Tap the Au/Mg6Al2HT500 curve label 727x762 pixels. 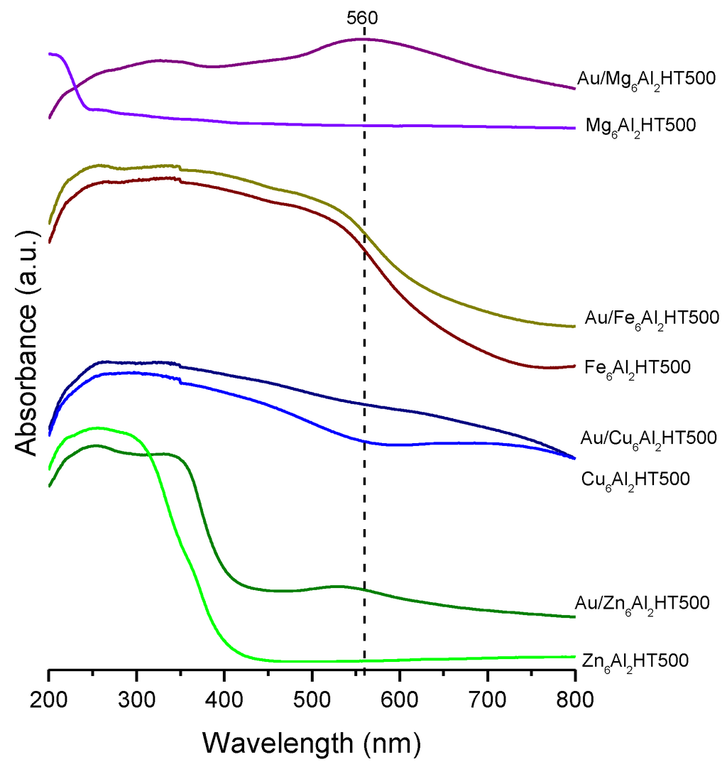(x=645, y=78)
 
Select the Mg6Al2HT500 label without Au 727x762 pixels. (x=640, y=126)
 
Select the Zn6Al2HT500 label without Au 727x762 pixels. (x=635, y=660)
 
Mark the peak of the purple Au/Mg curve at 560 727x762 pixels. (x=364, y=39)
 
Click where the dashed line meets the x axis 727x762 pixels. (x=364, y=669)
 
